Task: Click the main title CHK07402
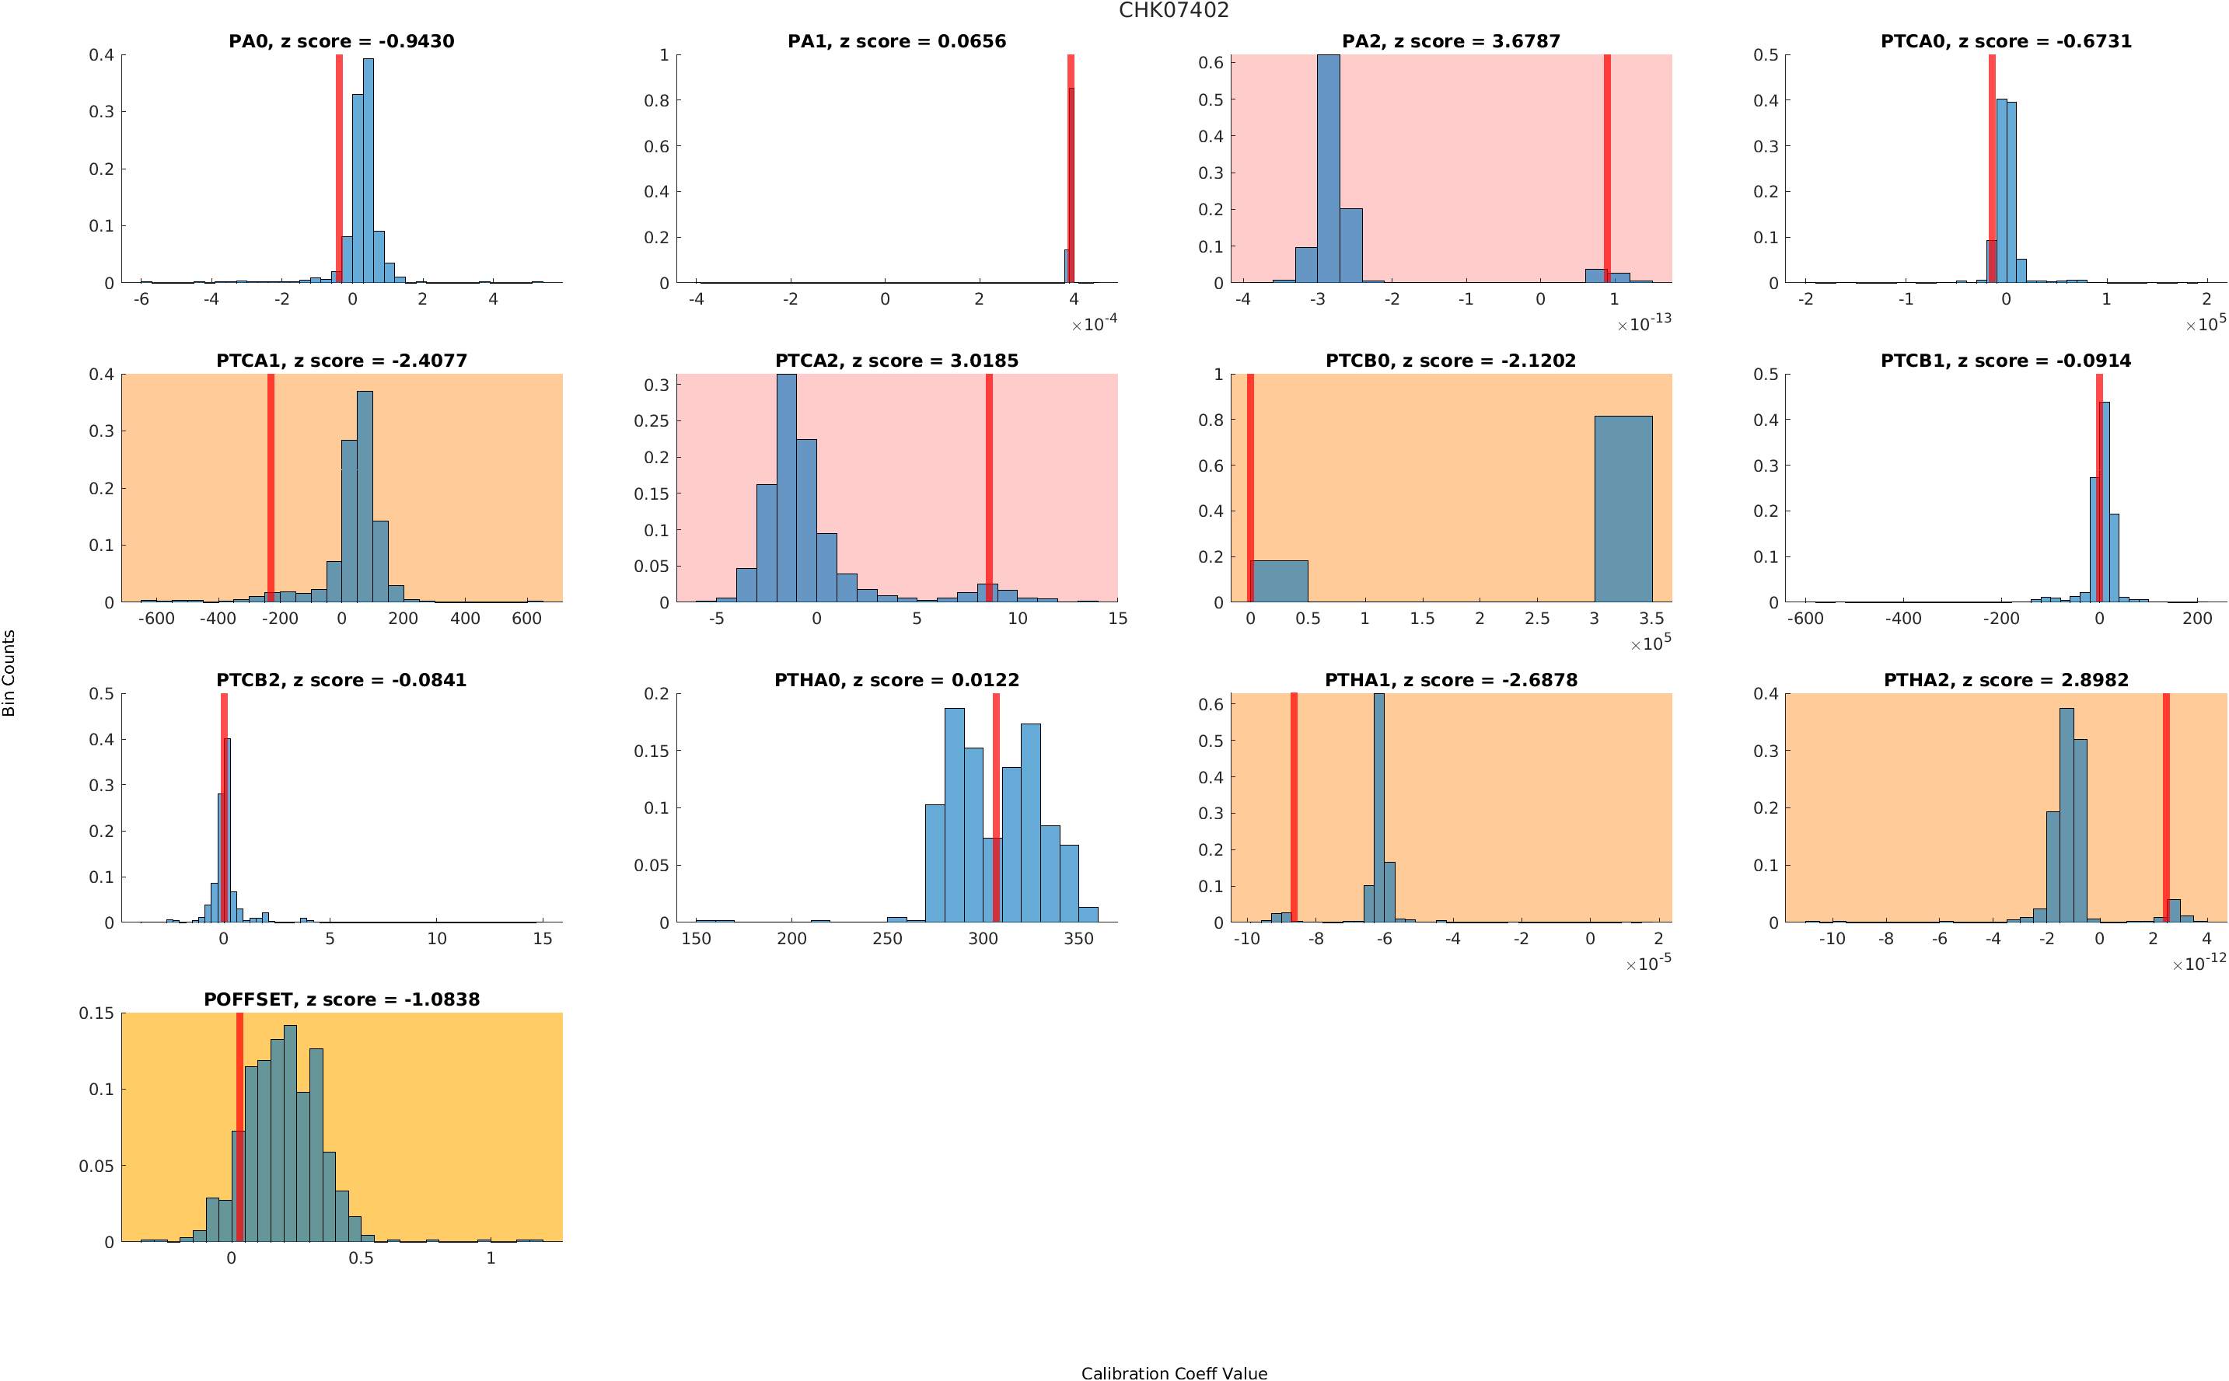click(1173, 10)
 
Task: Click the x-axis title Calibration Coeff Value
click(1173, 1372)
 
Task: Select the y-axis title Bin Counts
click(9, 672)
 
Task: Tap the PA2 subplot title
click(1451, 41)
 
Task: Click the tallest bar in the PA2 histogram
click(1328, 168)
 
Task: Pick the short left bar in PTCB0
click(1279, 580)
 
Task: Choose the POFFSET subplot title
click(341, 999)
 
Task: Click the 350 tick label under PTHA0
click(1078, 938)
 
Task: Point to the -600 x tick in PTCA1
click(156, 619)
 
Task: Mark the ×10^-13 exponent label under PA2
click(1644, 323)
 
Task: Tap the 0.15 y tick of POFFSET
click(96, 1013)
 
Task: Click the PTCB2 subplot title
click(341, 679)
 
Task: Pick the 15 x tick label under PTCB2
click(543, 938)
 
